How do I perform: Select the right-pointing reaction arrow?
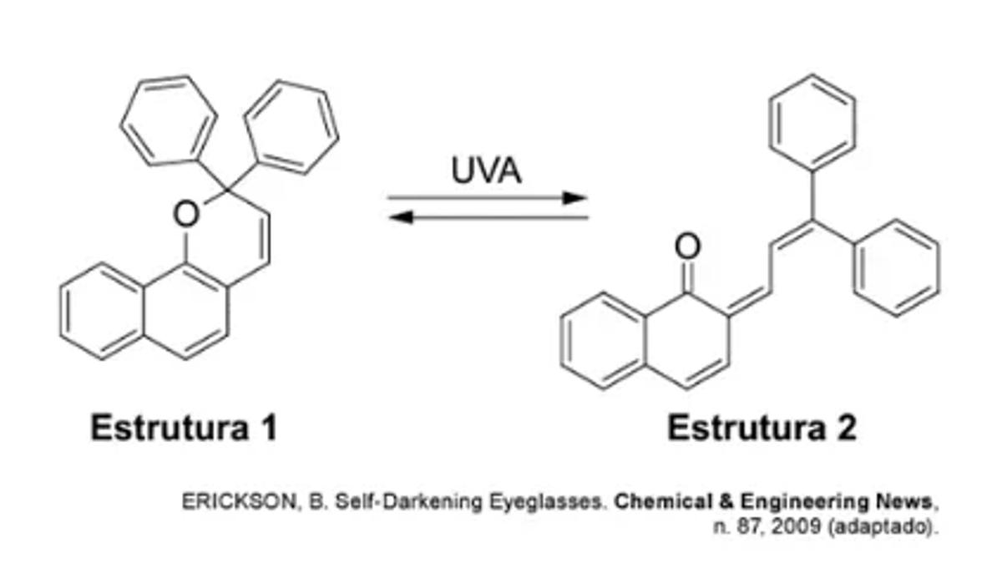[488, 198]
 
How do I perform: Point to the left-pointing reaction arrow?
[488, 217]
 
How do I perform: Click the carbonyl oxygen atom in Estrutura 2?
[687, 247]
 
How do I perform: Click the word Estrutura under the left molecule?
[167, 428]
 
